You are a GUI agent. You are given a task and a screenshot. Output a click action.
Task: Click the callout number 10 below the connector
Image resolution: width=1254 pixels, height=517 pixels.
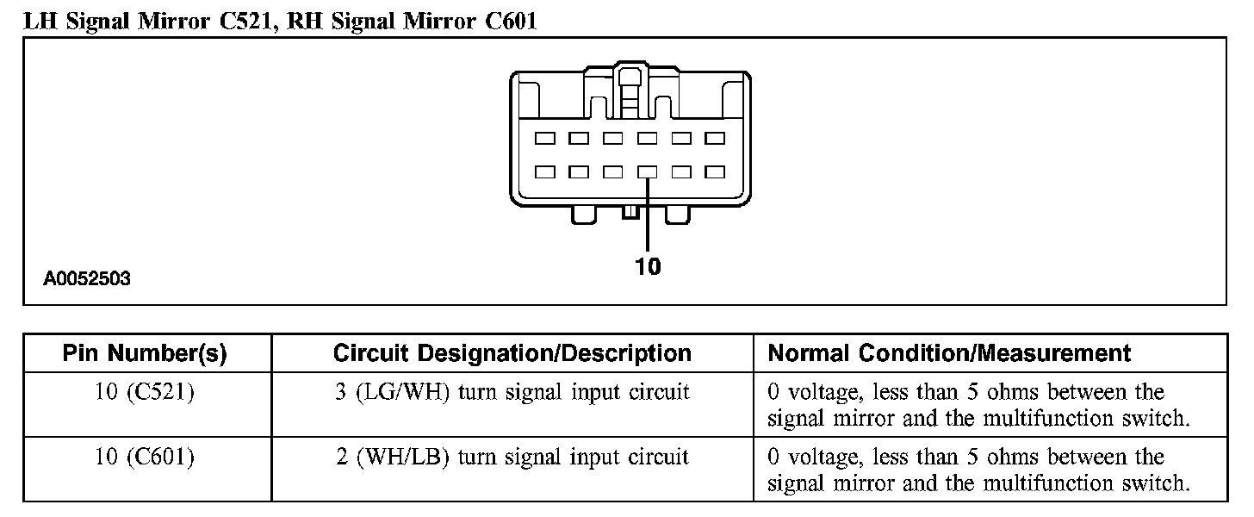[648, 267]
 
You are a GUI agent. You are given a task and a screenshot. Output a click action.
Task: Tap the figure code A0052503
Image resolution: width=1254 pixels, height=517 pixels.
[88, 279]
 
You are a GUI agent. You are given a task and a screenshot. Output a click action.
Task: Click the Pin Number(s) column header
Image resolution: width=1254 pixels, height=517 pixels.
[145, 353]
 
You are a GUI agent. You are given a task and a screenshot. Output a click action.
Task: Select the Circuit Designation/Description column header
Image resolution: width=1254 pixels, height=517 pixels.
[512, 353]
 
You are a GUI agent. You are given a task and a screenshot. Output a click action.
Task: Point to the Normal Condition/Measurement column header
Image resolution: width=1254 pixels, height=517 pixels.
[949, 353]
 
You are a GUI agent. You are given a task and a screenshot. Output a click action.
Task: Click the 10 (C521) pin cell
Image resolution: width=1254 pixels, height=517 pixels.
[145, 393]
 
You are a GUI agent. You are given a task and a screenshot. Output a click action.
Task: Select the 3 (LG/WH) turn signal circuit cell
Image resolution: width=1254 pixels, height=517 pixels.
[512, 393]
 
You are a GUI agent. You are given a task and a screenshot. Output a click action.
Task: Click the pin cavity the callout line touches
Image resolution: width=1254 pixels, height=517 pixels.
[647, 171]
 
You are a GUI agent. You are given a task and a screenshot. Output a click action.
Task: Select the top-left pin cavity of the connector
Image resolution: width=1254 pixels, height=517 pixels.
[544, 138]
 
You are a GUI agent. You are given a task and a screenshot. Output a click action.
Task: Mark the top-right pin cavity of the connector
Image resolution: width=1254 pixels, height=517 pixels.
[715, 138]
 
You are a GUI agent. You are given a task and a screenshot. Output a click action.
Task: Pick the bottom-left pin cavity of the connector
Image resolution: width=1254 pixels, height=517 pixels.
[544, 171]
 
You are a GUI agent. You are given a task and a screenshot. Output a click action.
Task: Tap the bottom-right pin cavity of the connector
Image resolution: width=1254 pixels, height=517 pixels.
[715, 171]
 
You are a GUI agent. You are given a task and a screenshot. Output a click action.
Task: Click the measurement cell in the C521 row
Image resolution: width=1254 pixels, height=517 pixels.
[978, 405]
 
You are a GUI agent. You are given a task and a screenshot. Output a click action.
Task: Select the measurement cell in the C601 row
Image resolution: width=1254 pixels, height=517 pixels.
[978, 470]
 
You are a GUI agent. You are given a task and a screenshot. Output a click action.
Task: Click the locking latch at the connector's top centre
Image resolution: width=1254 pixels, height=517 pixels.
[630, 86]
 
